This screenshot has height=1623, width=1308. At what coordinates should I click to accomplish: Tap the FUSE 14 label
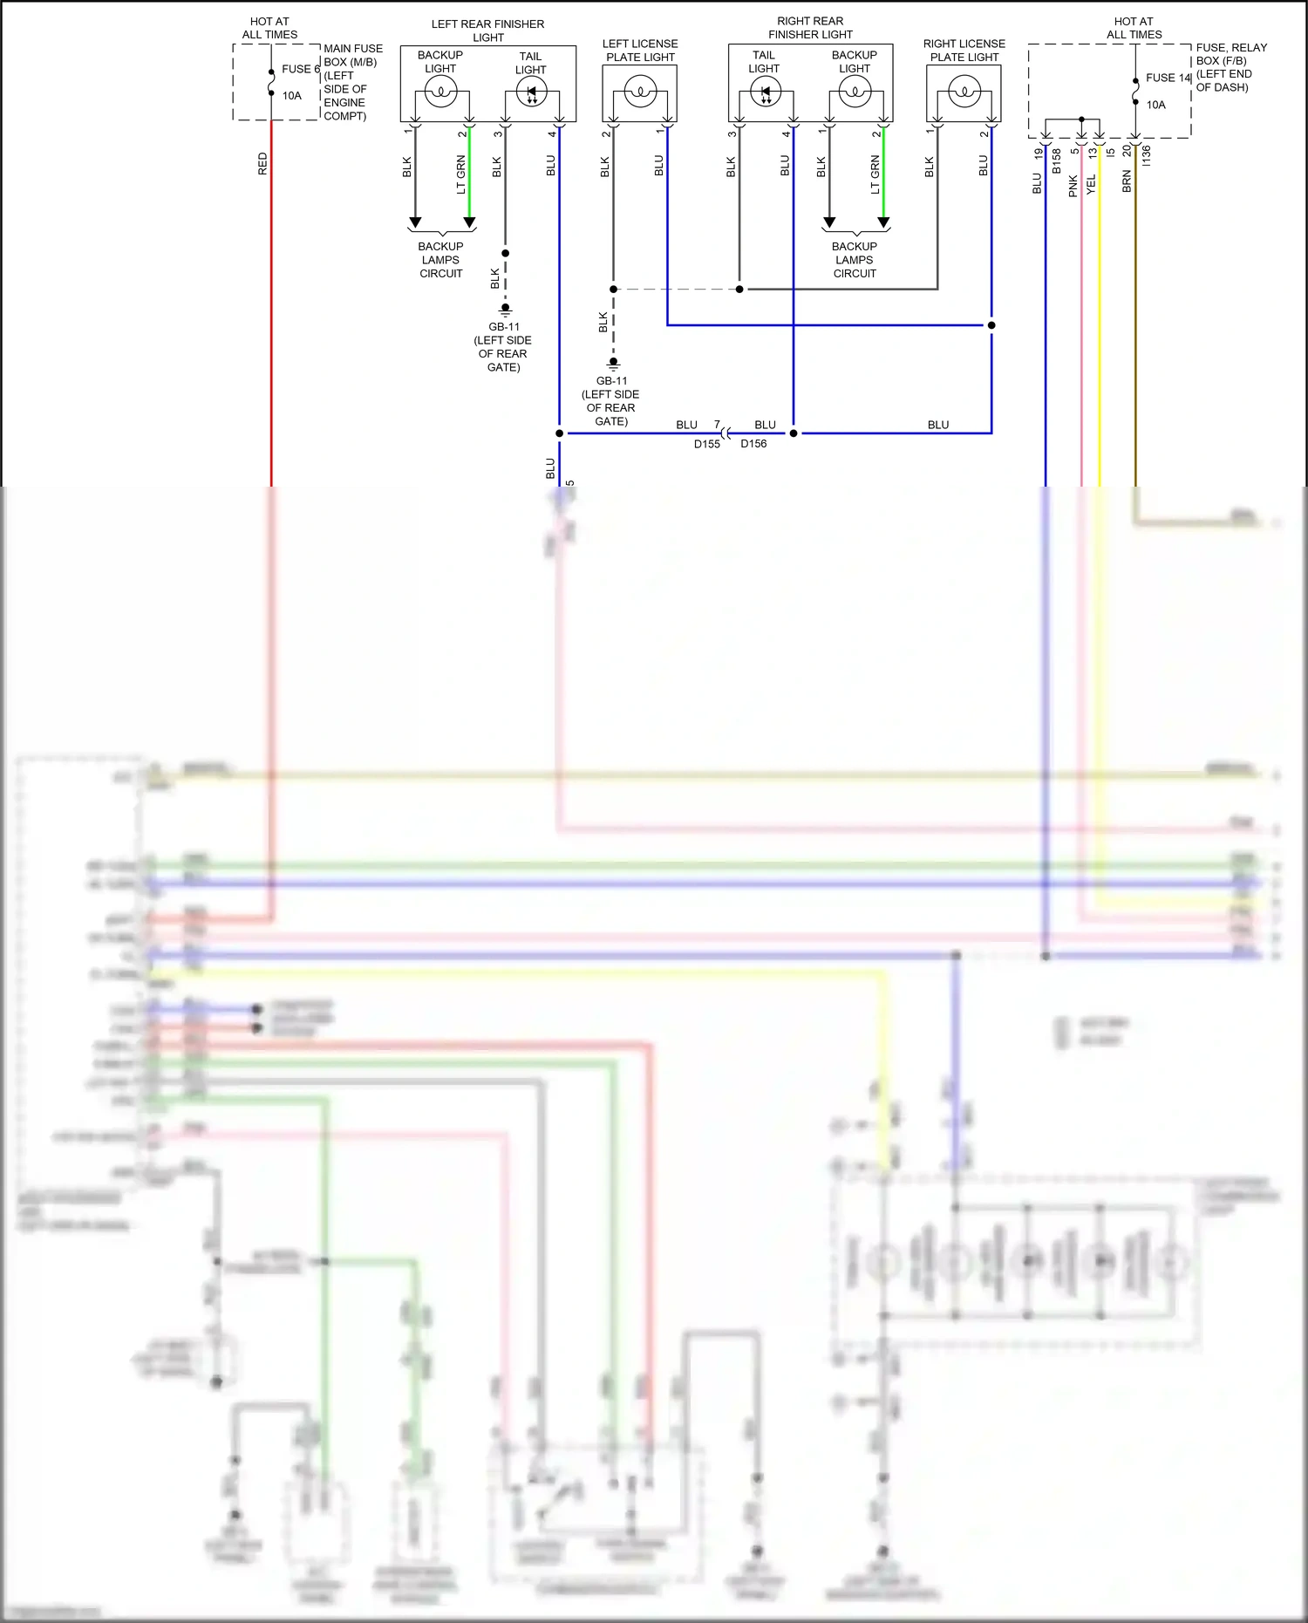(x=1168, y=78)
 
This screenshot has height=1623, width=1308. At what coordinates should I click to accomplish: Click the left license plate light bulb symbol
(x=640, y=91)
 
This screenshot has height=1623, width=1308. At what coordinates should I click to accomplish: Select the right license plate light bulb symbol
(x=964, y=91)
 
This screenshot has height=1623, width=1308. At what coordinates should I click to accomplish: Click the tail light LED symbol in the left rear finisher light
(x=531, y=92)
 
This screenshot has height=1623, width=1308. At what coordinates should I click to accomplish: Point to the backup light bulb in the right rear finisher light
(x=855, y=91)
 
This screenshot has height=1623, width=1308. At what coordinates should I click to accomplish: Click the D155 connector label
(x=707, y=444)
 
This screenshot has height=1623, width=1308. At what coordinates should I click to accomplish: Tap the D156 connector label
(x=753, y=444)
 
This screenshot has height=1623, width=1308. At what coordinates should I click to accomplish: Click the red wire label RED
(x=262, y=164)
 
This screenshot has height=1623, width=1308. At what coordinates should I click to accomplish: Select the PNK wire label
(x=1073, y=186)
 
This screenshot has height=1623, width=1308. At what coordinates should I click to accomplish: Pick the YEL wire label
(x=1091, y=184)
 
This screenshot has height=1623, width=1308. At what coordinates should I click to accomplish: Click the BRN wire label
(x=1127, y=181)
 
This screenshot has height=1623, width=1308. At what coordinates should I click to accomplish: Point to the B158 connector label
(x=1056, y=160)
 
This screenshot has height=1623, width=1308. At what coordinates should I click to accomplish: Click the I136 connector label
(x=1146, y=155)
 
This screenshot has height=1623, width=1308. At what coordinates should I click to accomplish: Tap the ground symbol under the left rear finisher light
(x=505, y=310)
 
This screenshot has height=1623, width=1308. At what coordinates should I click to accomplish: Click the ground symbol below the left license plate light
(x=613, y=364)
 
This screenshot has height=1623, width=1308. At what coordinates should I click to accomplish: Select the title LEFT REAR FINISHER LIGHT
(x=487, y=31)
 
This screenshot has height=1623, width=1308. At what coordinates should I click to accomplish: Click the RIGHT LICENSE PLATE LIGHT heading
(x=964, y=50)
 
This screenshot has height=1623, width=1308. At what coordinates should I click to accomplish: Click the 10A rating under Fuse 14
(x=1155, y=105)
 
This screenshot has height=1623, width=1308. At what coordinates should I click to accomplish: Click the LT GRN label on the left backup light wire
(x=460, y=174)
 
